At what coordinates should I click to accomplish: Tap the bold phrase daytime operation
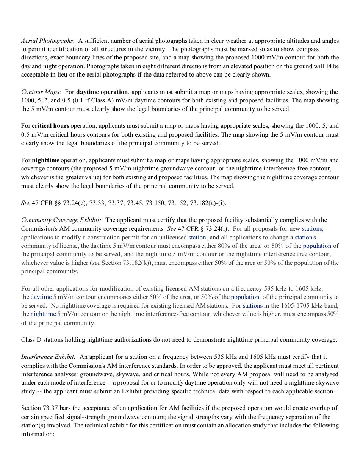[x=102, y=92]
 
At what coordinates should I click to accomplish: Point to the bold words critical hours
[x=50, y=126]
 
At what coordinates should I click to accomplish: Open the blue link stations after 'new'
[x=312, y=229]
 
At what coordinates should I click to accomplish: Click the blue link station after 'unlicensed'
[x=197, y=238]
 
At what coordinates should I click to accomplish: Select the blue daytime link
[x=41, y=297]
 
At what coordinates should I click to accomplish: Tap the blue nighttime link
[x=43, y=314]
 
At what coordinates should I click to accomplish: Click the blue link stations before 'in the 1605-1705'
[x=252, y=306]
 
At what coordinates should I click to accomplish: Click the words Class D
[x=31, y=340]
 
